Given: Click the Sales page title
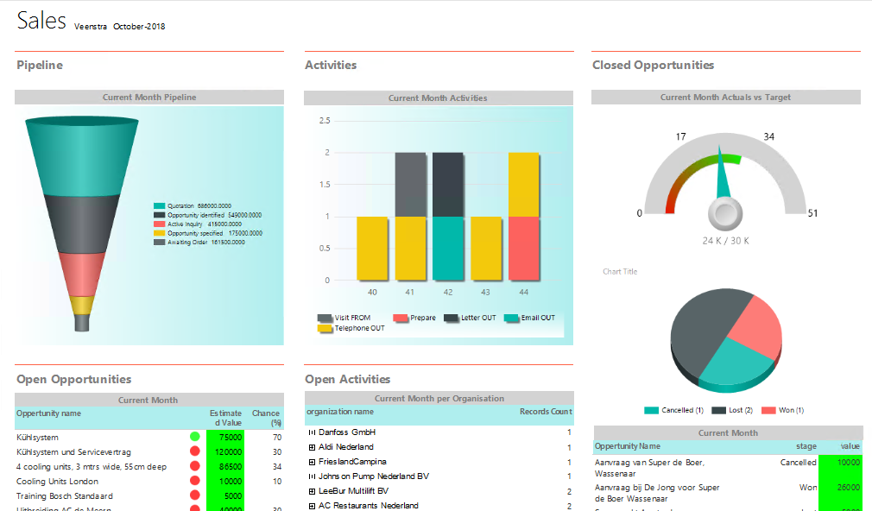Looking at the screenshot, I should (x=41, y=22).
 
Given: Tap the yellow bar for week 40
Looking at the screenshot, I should (x=372, y=248).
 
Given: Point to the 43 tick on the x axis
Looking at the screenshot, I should (x=486, y=293).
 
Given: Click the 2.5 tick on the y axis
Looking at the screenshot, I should (x=324, y=121).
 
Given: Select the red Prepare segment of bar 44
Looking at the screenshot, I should (x=524, y=248).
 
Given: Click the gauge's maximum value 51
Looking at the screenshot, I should (x=813, y=213).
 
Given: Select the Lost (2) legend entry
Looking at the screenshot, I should (x=737, y=410).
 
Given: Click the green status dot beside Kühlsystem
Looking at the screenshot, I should (x=195, y=437).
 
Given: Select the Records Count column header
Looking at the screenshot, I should (x=545, y=412).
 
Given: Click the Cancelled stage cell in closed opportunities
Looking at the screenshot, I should (x=798, y=463).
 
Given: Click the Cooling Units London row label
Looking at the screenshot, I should (x=57, y=482).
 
